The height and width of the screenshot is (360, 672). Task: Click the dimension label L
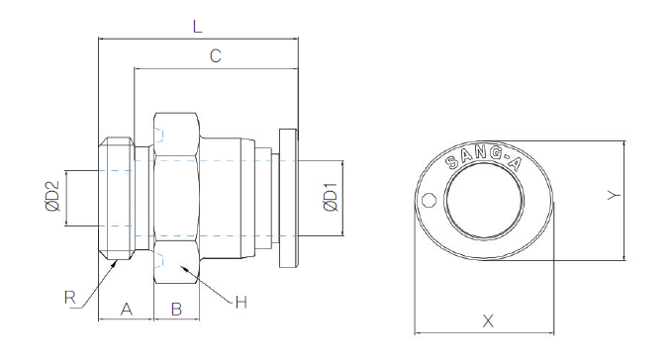(x=197, y=27)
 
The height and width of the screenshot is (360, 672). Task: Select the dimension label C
(x=215, y=55)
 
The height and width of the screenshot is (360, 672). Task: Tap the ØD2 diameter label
(x=52, y=196)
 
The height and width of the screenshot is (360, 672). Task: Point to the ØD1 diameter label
(x=331, y=198)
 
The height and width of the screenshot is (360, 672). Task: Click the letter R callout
(x=70, y=297)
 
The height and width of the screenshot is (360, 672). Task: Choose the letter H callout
(x=241, y=303)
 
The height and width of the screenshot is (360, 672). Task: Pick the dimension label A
(x=126, y=309)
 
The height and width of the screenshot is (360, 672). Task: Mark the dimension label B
(x=176, y=309)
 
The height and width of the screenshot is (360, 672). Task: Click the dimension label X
(x=488, y=320)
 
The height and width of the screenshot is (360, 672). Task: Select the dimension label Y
(x=615, y=195)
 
